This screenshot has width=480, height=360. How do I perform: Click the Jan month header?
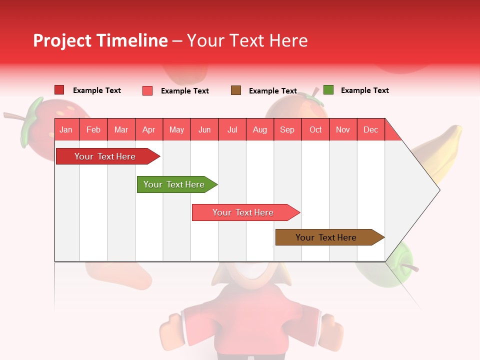[66, 130]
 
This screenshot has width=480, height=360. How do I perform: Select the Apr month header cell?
[149, 130]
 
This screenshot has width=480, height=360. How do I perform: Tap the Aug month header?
[260, 130]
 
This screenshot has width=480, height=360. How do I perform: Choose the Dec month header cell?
[370, 130]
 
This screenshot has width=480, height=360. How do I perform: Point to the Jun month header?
[204, 130]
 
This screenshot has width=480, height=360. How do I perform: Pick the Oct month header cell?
[315, 130]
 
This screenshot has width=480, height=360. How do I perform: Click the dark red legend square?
[59, 90]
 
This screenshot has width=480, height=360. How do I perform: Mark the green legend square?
[328, 90]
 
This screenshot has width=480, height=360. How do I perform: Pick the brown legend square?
[236, 90]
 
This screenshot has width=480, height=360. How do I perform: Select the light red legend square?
[147, 90]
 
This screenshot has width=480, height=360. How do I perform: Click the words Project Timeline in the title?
[100, 40]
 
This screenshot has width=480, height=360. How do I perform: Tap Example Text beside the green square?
[364, 90]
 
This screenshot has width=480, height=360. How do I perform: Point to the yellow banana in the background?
[442, 150]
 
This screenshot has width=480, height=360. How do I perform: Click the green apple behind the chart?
[405, 265]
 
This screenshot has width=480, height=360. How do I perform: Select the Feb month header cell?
[93, 130]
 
